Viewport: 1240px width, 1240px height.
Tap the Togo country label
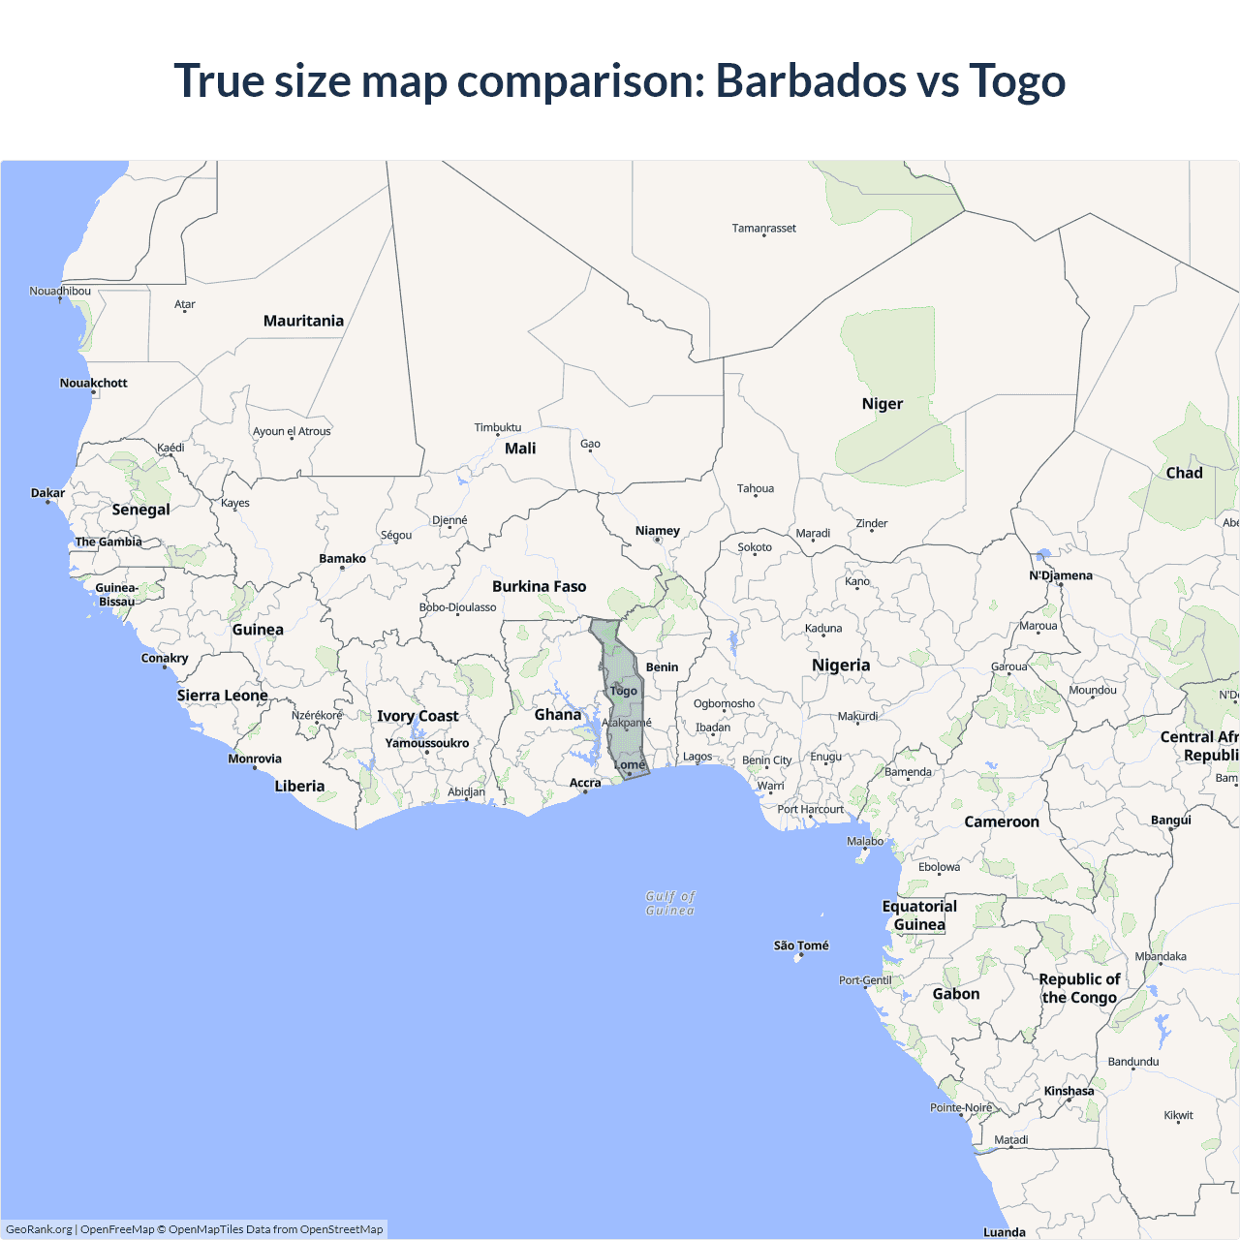pos(624,691)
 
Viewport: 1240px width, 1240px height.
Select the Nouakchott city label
pos(93,383)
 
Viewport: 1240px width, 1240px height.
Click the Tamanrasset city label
pos(763,229)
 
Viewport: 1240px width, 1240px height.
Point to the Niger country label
pos(882,404)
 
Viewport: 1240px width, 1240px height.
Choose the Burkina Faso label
pos(539,586)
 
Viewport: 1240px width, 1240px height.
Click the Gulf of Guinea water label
pos(670,903)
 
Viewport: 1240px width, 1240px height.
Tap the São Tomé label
pos(801,945)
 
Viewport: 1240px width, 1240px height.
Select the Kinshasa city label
pos(1069,1091)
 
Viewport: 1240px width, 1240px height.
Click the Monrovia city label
pos(255,759)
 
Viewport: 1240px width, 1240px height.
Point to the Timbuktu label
pos(497,427)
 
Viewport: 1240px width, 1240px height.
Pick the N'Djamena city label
pos(1060,575)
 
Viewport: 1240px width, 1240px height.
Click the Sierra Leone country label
pos(222,696)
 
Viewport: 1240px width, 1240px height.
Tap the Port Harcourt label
pos(810,809)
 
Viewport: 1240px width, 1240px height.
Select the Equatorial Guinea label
pos(919,915)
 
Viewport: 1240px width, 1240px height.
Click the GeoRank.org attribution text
pos(39,1229)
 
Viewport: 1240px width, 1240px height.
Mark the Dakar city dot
pos(47,502)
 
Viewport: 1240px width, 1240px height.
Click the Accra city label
pos(585,783)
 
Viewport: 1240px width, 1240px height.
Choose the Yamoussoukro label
pos(426,743)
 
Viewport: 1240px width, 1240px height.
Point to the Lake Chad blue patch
pos(1042,555)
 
